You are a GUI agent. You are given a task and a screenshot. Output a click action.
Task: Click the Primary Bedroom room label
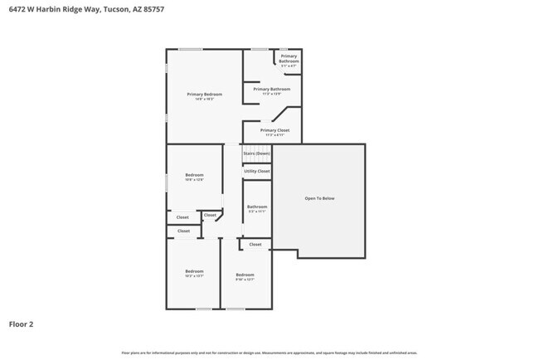pos(204,94)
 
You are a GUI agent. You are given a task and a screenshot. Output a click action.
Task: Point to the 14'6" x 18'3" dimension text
pos(204,100)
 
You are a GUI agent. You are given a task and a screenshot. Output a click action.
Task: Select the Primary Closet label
pos(274,130)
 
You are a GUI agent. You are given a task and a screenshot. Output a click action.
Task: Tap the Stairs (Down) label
pos(256,153)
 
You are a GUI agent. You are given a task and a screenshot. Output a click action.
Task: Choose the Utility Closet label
pos(256,171)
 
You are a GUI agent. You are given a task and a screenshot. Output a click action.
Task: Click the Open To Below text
pos(319,198)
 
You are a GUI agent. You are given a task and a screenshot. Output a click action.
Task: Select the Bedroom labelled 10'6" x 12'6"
pos(194,175)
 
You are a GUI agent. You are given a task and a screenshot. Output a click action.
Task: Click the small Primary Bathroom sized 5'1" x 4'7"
pos(289,58)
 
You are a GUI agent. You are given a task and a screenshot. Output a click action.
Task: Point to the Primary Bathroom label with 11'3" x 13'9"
pos(272,89)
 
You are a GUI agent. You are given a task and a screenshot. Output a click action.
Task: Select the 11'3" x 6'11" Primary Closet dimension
pos(274,135)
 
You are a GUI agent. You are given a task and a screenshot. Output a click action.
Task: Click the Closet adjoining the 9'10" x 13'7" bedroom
pos(255,245)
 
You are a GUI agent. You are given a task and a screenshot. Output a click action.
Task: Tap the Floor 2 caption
pos(21,324)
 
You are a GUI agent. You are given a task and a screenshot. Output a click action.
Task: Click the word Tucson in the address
pos(114,9)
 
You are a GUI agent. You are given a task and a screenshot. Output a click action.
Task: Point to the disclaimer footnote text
pos(269,353)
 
